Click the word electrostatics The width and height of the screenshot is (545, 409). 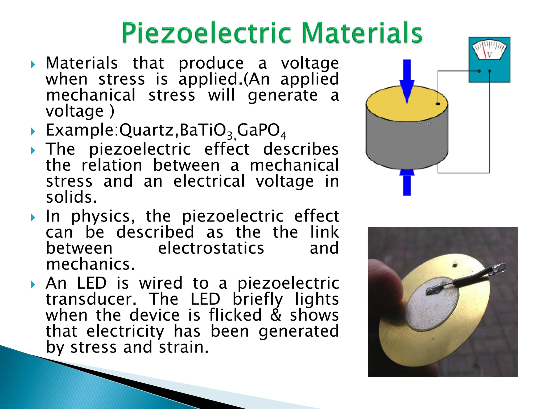(211, 248)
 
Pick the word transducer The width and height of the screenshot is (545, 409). (91, 299)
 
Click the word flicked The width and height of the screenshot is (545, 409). (236, 315)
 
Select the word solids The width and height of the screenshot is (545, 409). (71, 197)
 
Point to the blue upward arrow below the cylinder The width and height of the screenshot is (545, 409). (407, 182)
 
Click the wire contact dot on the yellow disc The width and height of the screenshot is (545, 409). (438, 104)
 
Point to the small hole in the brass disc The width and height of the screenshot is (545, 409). (455, 265)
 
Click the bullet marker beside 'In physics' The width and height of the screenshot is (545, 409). (33, 218)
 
